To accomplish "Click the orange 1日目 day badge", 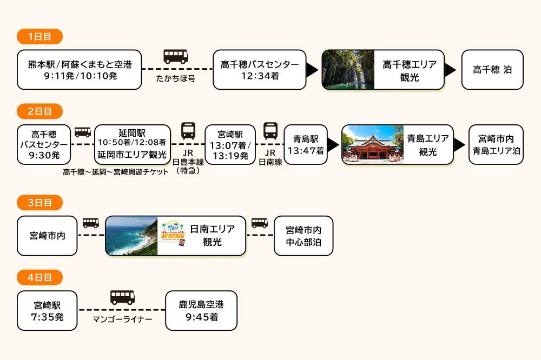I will pos(39,37).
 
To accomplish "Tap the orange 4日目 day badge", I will pos(39,277).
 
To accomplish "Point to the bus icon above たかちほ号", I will pos(176,56).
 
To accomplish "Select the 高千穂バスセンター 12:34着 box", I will pos(260,70).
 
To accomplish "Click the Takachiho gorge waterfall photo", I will pos(348,70).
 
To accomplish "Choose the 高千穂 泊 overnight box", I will pos(492,70).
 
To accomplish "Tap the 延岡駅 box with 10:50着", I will pos(133,144).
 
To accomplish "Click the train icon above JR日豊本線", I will pos(188,131).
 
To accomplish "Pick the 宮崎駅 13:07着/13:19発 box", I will pos(230,144).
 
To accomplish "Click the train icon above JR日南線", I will pos(270,131).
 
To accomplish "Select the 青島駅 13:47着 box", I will pos(306,144).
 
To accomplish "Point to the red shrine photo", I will pos(372,144).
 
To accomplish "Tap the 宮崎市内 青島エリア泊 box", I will pos(496,144).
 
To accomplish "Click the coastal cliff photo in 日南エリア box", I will pos(131,236).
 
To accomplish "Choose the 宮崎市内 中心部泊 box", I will pos(304,236).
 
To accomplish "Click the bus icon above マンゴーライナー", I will pos(122,297).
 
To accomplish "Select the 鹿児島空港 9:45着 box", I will pos(201,310).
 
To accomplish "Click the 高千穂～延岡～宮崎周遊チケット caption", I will pos(116,172).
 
